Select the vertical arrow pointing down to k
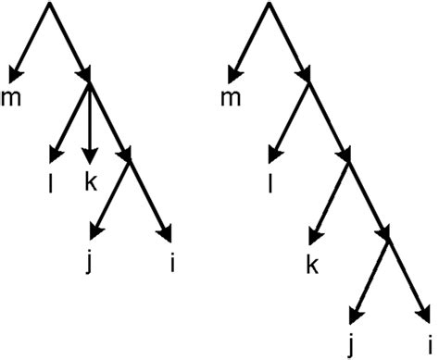[x=90, y=120]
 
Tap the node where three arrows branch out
[x=90, y=83]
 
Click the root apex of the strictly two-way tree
[x=269, y=5]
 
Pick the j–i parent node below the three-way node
[x=130, y=157]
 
